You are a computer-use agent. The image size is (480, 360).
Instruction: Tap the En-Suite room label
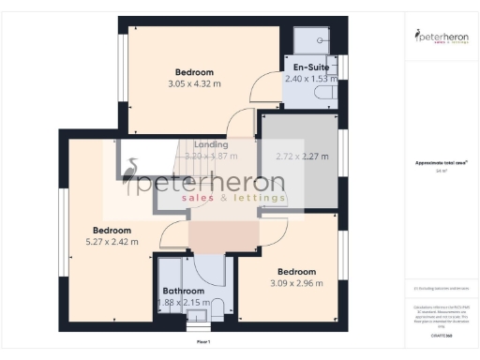309,68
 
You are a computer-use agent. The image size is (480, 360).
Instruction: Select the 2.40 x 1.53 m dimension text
309,81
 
